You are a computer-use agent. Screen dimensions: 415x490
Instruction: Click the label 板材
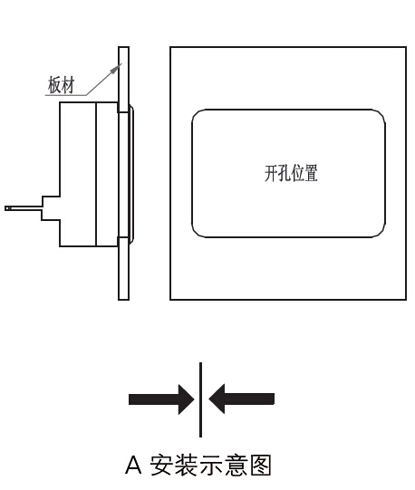pyautogui.click(x=62, y=85)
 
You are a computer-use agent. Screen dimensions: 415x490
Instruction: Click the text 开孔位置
pyautogui.click(x=291, y=173)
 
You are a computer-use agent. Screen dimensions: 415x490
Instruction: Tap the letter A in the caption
pyautogui.click(x=133, y=465)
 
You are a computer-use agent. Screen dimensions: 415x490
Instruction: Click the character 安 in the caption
pyautogui.click(x=161, y=465)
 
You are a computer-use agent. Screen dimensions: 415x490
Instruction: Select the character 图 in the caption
pyautogui.click(x=259, y=465)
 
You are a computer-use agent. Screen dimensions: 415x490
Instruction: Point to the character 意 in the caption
pyautogui.click(x=235, y=465)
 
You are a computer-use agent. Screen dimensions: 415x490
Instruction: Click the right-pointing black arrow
pyautogui.click(x=161, y=399)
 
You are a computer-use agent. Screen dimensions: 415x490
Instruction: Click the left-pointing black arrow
pyautogui.click(x=241, y=399)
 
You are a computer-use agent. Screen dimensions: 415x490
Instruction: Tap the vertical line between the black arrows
pyautogui.click(x=201, y=399)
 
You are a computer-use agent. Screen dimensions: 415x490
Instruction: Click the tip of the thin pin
pyautogui.click(x=5, y=208)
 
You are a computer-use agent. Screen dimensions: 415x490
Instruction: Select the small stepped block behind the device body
pyautogui.click(x=51, y=208)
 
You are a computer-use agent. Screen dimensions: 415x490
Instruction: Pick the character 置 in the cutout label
pyautogui.click(x=312, y=173)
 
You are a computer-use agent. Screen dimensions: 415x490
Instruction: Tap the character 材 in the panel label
pyautogui.click(x=69, y=85)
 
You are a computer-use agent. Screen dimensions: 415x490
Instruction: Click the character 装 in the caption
pyautogui.click(x=186, y=465)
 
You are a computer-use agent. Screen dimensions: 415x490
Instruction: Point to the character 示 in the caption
pyautogui.click(x=210, y=465)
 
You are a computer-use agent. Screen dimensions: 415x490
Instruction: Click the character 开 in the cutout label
pyautogui.click(x=271, y=173)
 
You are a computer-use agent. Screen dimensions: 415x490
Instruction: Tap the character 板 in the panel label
pyautogui.click(x=54, y=85)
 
